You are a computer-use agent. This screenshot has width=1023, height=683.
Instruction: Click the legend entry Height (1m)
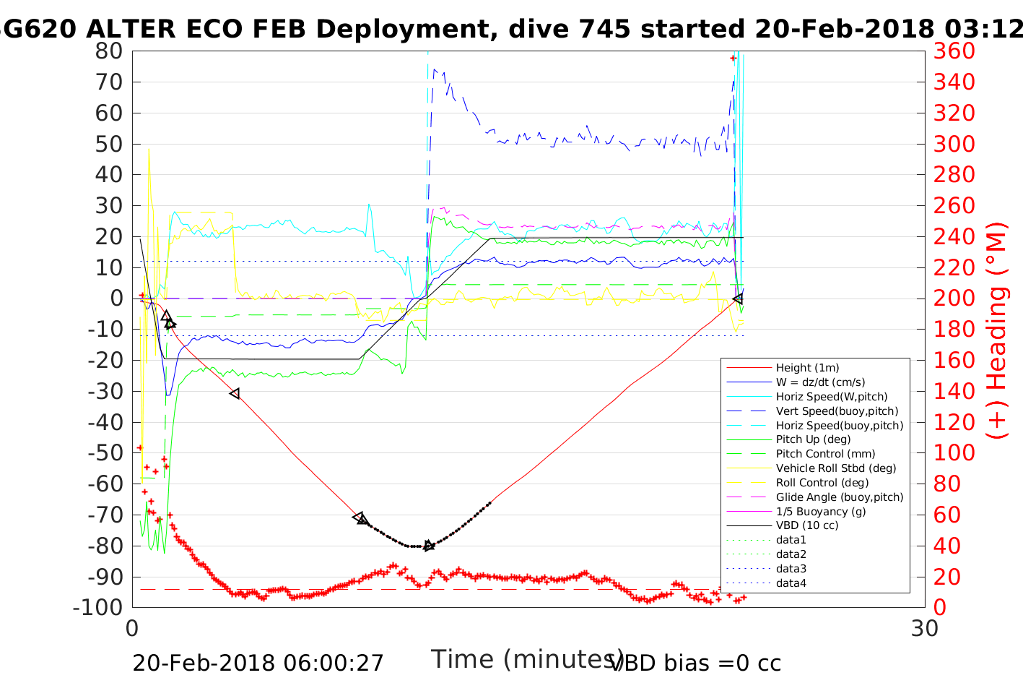click(x=807, y=368)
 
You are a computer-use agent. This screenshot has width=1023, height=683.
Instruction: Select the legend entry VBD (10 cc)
click(x=807, y=525)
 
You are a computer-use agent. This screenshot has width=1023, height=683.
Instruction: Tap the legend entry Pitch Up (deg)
click(x=813, y=439)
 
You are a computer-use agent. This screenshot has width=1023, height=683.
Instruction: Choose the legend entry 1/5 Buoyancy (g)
click(x=821, y=511)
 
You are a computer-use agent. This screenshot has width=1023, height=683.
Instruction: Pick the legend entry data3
click(x=791, y=569)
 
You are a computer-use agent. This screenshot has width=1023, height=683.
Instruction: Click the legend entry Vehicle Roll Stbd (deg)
click(x=836, y=468)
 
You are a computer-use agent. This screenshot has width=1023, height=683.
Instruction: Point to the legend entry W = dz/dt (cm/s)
click(x=820, y=382)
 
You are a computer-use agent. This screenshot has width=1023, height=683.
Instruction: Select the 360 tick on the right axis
click(x=954, y=51)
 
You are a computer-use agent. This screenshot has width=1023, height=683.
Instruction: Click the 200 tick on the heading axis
click(x=954, y=298)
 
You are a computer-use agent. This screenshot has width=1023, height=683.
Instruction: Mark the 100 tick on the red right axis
click(x=954, y=453)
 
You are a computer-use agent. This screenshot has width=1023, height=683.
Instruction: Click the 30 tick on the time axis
click(x=924, y=629)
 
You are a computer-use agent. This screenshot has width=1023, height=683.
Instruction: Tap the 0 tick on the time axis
click(x=133, y=629)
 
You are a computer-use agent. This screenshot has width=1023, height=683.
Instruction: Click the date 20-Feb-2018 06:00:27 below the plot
click(x=258, y=663)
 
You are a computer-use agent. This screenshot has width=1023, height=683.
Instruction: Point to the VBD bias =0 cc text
click(x=696, y=663)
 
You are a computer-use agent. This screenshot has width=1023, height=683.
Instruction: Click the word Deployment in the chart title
click(x=405, y=29)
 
